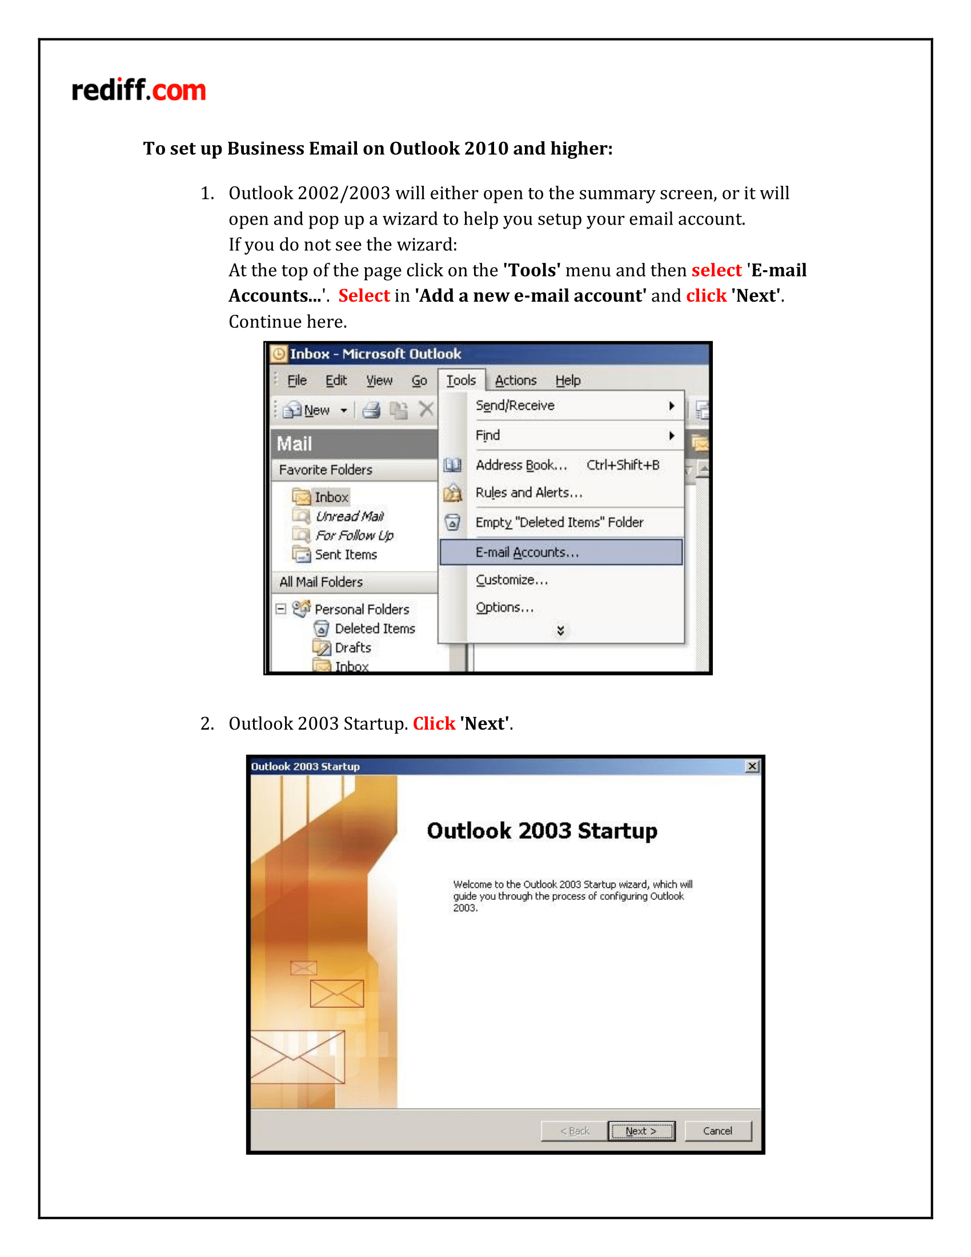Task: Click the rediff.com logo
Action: [138, 90]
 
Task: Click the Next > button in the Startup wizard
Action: [641, 1131]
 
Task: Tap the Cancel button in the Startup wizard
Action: [717, 1131]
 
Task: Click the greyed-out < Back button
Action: [575, 1131]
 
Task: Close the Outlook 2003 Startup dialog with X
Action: [752, 766]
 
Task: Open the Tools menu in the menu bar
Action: [461, 381]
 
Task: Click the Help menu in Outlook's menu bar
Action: [568, 381]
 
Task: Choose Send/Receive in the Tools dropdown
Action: [515, 406]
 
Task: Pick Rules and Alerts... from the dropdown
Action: [529, 493]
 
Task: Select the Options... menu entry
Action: [504, 607]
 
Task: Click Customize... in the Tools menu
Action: [511, 580]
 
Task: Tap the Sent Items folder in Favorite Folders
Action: [345, 555]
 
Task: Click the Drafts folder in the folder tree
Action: [352, 648]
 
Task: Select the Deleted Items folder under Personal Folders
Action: [375, 628]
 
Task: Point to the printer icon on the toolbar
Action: [372, 410]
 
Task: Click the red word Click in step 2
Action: [434, 723]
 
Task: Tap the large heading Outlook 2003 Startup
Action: [542, 831]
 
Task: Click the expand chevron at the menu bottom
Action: [560, 631]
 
